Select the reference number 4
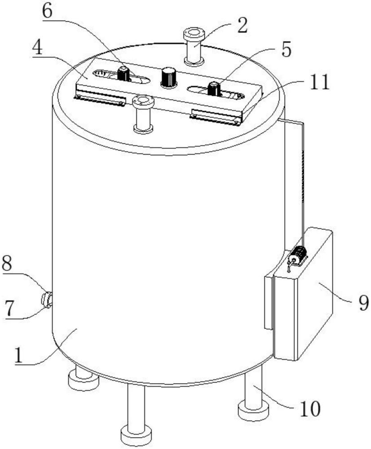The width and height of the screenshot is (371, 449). point(37,48)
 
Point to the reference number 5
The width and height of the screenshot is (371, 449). point(286,49)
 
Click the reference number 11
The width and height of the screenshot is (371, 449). point(320,82)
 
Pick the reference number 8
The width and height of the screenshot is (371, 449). point(7,264)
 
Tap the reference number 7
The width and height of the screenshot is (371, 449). point(9,308)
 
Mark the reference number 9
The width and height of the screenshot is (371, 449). point(363,303)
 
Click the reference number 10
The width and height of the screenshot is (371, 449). point(310,409)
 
